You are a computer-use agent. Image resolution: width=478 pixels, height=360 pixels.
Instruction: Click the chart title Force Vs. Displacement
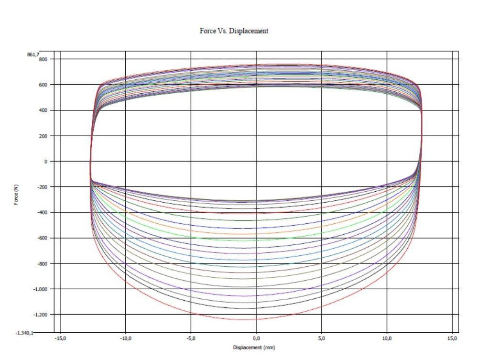click(234, 31)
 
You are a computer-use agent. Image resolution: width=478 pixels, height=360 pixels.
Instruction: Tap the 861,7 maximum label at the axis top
click(33, 54)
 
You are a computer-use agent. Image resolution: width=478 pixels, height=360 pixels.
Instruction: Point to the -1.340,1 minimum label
click(31, 333)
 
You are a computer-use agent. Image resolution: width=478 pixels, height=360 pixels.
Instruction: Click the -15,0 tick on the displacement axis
click(60, 338)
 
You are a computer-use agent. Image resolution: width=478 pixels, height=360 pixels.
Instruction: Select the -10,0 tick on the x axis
click(125, 338)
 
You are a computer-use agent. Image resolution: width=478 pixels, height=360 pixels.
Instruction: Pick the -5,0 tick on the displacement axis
click(191, 338)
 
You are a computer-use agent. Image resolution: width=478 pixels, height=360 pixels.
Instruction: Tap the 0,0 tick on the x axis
click(256, 338)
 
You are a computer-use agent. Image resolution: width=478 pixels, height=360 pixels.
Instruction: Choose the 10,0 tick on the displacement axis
click(387, 338)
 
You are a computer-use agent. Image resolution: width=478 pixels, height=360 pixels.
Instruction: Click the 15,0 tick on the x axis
click(453, 338)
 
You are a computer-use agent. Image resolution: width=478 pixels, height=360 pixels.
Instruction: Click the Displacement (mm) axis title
click(254, 348)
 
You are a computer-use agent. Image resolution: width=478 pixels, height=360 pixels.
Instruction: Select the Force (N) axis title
click(16, 195)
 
